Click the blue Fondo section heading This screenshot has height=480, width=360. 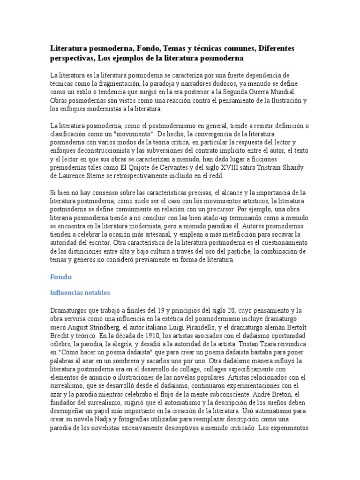60,277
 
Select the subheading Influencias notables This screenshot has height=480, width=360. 80,292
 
